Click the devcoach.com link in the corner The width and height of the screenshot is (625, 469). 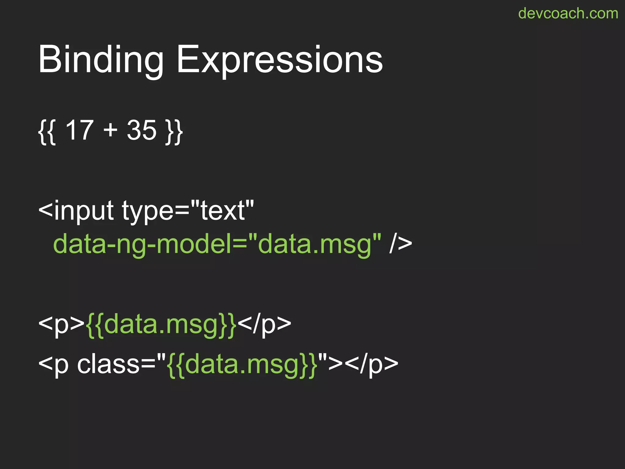(568, 13)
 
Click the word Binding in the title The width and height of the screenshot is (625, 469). (101, 60)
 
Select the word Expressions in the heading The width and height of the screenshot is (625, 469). (279, 60)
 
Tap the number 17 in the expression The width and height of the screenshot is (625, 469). (79, 130)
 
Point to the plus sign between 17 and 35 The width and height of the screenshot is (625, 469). (110, 130)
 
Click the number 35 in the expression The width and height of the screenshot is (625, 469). (142, 130)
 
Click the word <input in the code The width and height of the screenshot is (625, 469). (76, 211)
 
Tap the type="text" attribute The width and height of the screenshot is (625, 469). (188, 211)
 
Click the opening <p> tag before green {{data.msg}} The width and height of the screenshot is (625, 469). (61, 324)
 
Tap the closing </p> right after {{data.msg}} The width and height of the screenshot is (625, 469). (264, 324)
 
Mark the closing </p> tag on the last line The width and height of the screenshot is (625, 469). (372, 364)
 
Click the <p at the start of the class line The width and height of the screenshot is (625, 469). (54, 364)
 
